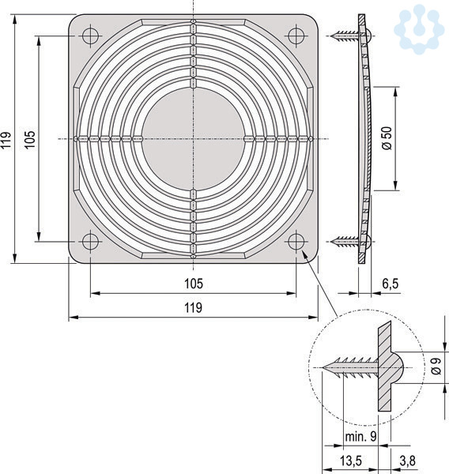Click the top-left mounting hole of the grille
(x=90, y=36)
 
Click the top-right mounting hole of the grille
(x=296, y=36)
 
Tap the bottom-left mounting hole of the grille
(x=90, y=242)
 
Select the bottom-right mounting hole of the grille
(x=296, y=242)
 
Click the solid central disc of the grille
(x=194, y=139)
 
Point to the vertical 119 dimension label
(x=6, y=140)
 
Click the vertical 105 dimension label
(x=30, y=140)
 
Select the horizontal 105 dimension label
(x=194, y=284)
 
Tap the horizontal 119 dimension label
(x=194, y=307)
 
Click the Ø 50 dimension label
(x=387, y=138)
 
